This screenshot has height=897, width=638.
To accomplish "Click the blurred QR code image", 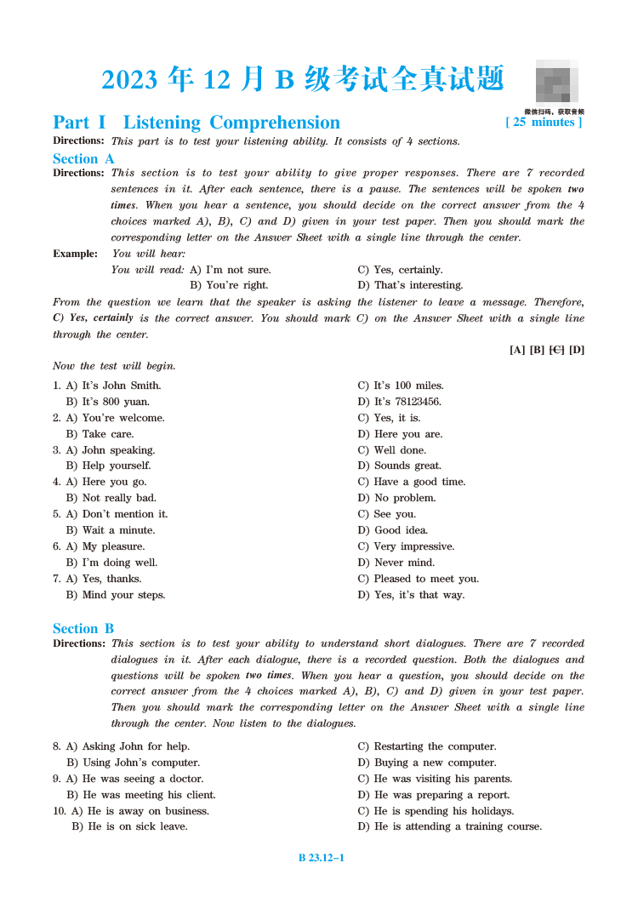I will click(556, 83).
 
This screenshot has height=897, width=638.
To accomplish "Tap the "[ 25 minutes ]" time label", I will click(544, 123).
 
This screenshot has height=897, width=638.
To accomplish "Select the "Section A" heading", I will click(83, 158).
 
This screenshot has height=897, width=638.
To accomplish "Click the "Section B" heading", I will click(83, 628).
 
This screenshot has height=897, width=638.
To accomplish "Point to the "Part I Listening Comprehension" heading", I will click(197, 123).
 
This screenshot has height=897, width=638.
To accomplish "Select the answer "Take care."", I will click(107, 434).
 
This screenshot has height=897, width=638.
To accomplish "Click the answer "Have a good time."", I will click(419, 482).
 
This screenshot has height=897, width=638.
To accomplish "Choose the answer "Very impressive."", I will click(413, 546).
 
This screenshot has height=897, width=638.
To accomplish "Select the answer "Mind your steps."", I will click(123, 595).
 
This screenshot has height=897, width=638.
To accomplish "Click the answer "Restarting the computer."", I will click(435, 746).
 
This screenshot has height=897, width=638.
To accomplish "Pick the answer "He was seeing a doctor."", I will click(142, 779).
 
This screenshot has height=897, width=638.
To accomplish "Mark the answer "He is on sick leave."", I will click(137, 826).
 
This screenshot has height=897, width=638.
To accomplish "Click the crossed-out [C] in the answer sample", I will click(557, 350).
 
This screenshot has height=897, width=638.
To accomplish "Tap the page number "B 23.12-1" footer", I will click(321, 858).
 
